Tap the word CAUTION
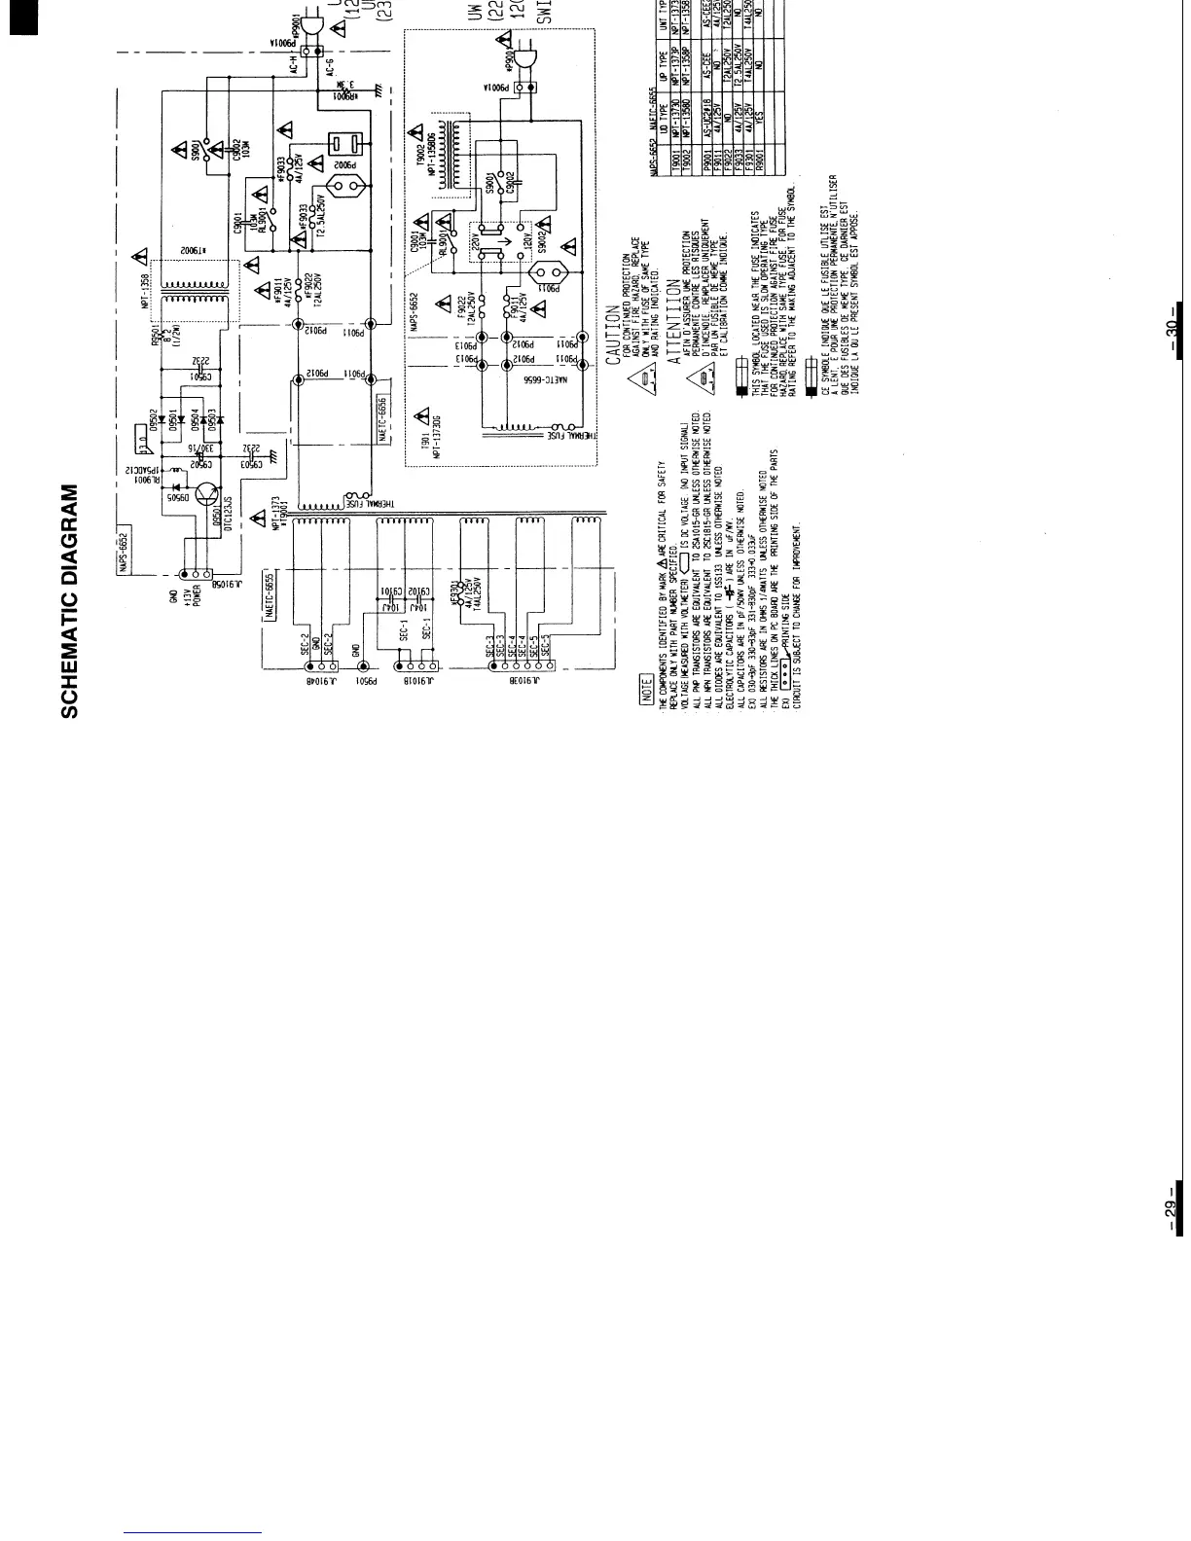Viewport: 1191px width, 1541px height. pyautogui.click(x=613, y=330)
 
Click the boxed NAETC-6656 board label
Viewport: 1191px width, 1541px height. pyautogui.click(x=382, y=423)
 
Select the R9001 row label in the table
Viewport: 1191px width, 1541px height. pyautogui.click(x=763, y=139)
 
